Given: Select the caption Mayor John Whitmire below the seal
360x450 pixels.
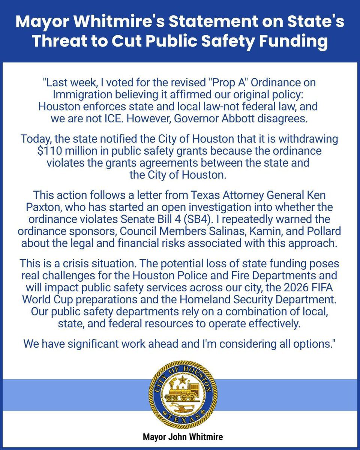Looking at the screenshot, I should (x=180, y=437).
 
